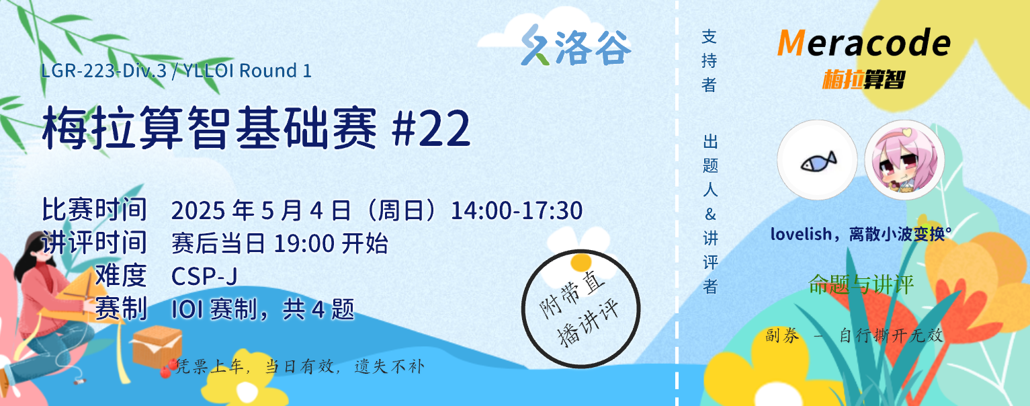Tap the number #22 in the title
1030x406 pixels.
(x=431, y=128)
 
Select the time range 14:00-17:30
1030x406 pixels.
(x=517, y=210)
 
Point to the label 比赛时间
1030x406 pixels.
(x=94, y=210)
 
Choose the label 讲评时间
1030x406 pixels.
(x=94, y=242)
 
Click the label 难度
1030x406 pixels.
(x=121, y=276)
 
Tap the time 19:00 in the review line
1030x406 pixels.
(x=304, y=243)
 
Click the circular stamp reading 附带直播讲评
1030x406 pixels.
(x=581, y=309)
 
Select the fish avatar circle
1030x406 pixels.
(x=817, y=160)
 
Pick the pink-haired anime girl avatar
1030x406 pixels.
(x=904, y=160)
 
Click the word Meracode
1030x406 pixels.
(x=864, y=42)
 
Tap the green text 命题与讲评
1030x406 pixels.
(x=861, y=284)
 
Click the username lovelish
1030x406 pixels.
(x=801, y=234)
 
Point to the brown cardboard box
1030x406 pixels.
(x=157, y=346)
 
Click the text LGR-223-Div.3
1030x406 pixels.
(x=104, y=71)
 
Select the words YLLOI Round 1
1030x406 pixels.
(x=247, y=71)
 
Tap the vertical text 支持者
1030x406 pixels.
(x=709, y=60)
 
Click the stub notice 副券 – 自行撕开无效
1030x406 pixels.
(x=855, y=335)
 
